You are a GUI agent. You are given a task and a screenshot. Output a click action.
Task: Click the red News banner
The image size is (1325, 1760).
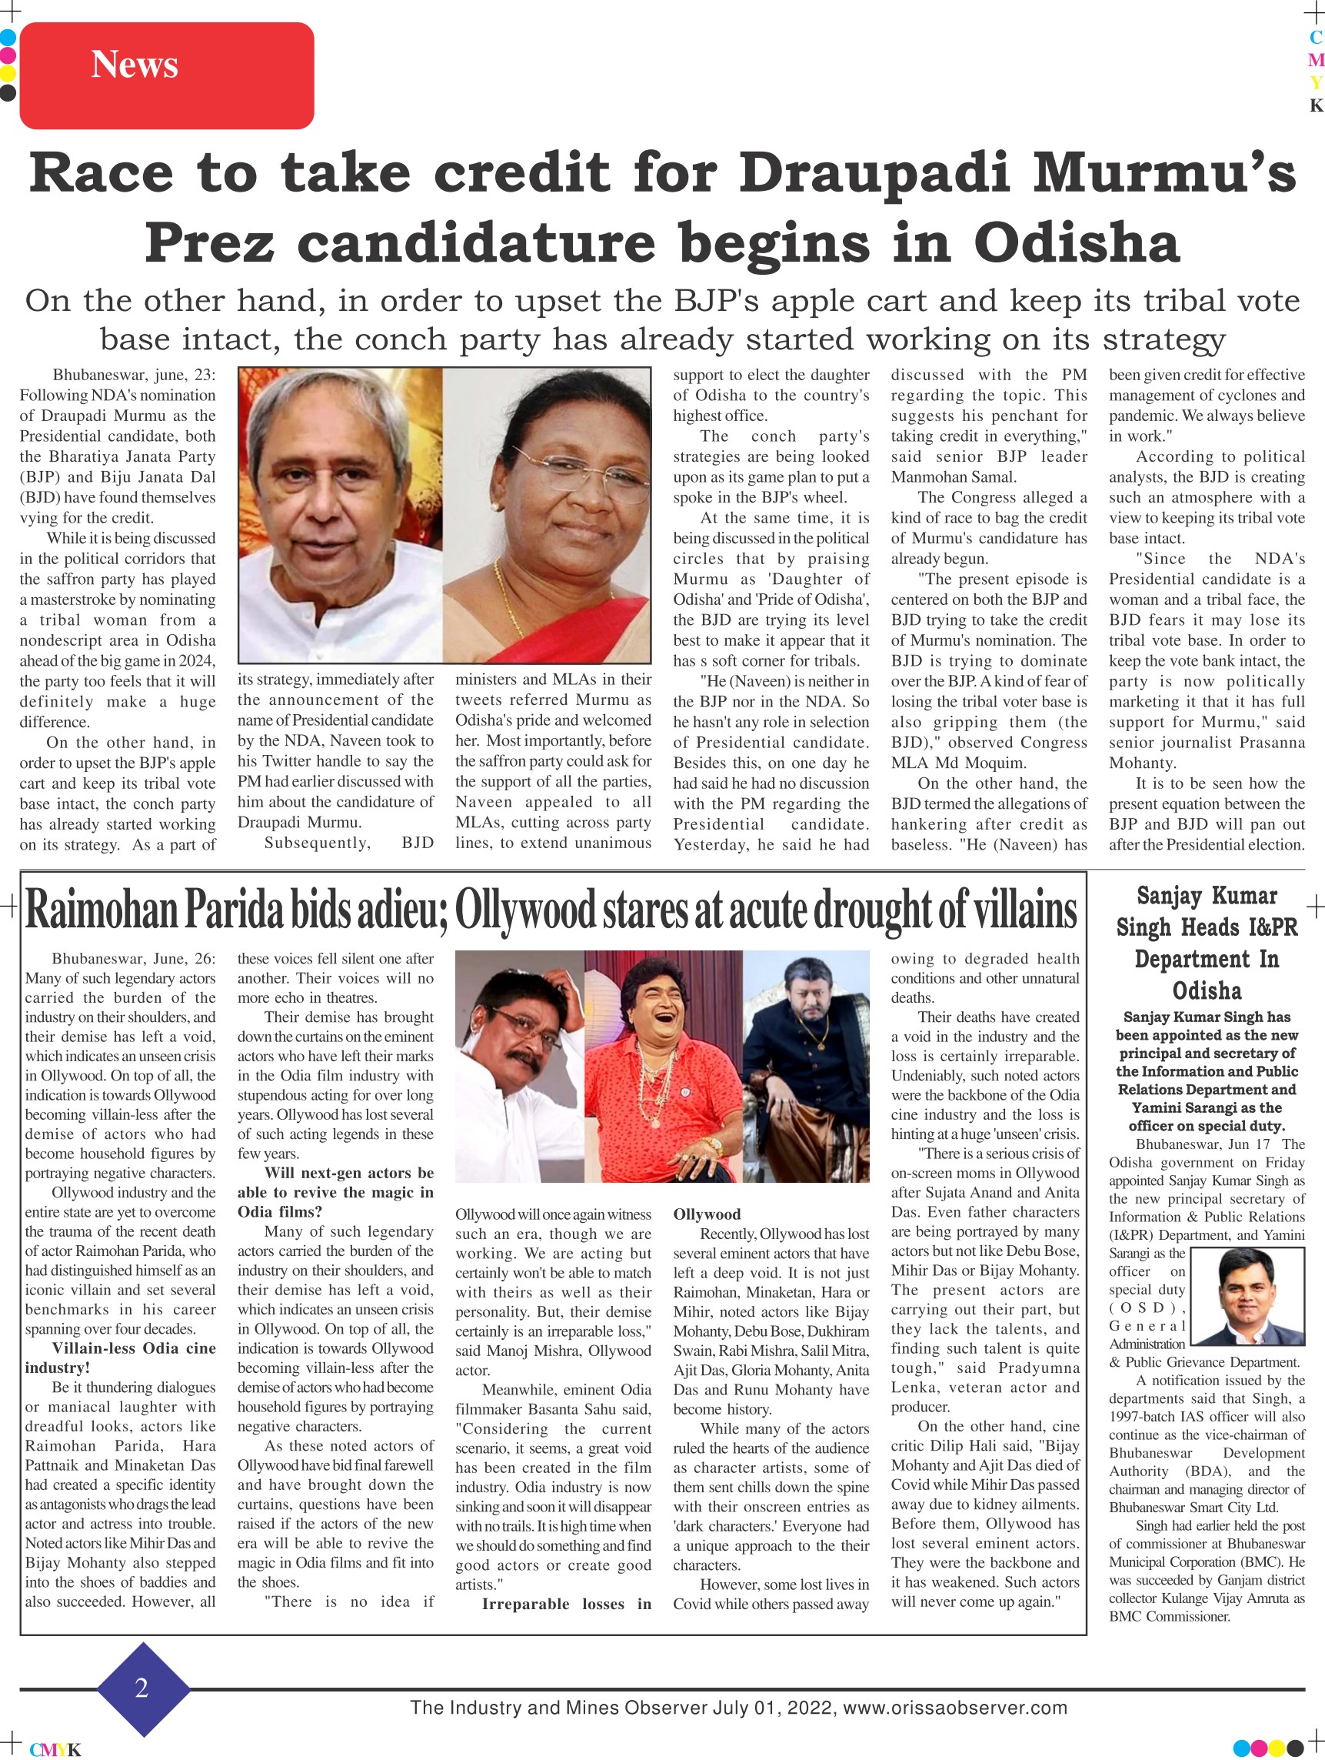pos(166,75)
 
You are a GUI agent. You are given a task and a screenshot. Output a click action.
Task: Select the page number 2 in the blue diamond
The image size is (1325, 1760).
pos(141,1688)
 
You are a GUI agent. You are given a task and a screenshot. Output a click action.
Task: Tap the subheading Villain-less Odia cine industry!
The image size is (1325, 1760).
pos(120,1358)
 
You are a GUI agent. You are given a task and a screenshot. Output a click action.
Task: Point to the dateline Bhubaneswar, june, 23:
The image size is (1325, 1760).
pos(134,375)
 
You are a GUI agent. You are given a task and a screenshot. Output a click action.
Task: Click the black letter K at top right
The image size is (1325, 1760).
pos(1317,106)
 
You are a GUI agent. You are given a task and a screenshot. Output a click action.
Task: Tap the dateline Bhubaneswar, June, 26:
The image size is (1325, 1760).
pos(133,959)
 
